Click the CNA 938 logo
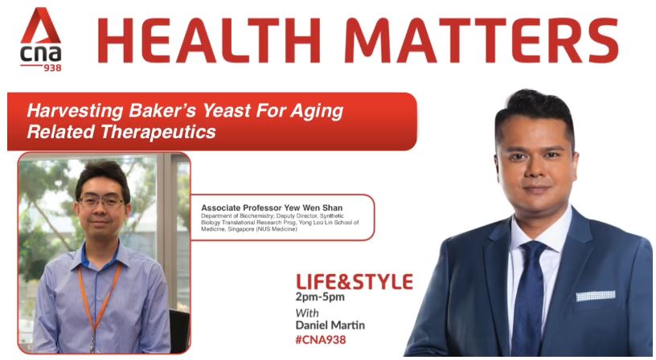click(41, 39)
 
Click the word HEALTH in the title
click(209, 40)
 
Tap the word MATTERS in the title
click(481, 40)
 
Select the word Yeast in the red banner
click(227, 111)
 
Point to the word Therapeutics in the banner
click(158, 132)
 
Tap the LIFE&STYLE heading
click(354, 282)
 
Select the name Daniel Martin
click(330, 325)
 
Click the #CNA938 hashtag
click(321, 340)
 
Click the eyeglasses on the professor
click(101, 202)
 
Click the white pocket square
click(596, 296)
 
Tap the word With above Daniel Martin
click(307, 313)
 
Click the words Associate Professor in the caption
click(241, 208)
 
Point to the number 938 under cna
click(52, 67)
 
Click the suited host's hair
click(535, 108)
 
